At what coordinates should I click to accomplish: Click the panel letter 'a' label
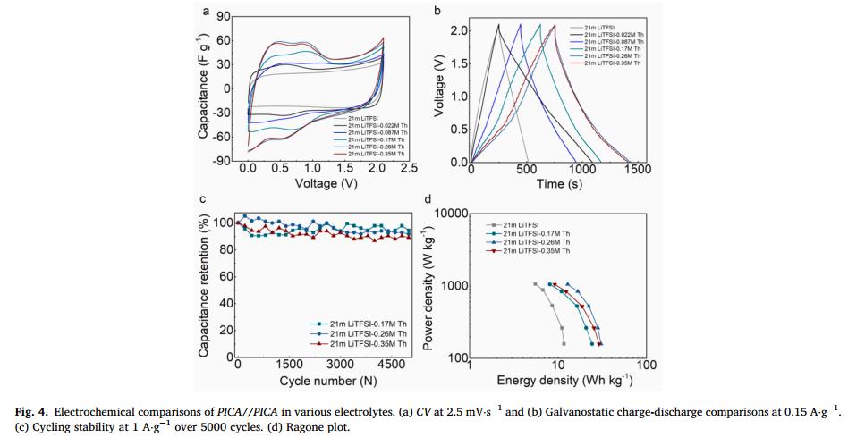click(x=208, y=12)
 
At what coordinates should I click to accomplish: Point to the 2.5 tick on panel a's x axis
click(x=409, y=169)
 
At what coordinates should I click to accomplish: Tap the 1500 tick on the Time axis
click(x=638, y=169)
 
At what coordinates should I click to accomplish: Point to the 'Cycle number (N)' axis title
click(x=321, y=381)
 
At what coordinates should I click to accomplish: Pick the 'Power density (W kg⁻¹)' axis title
click(x=428, y=286)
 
